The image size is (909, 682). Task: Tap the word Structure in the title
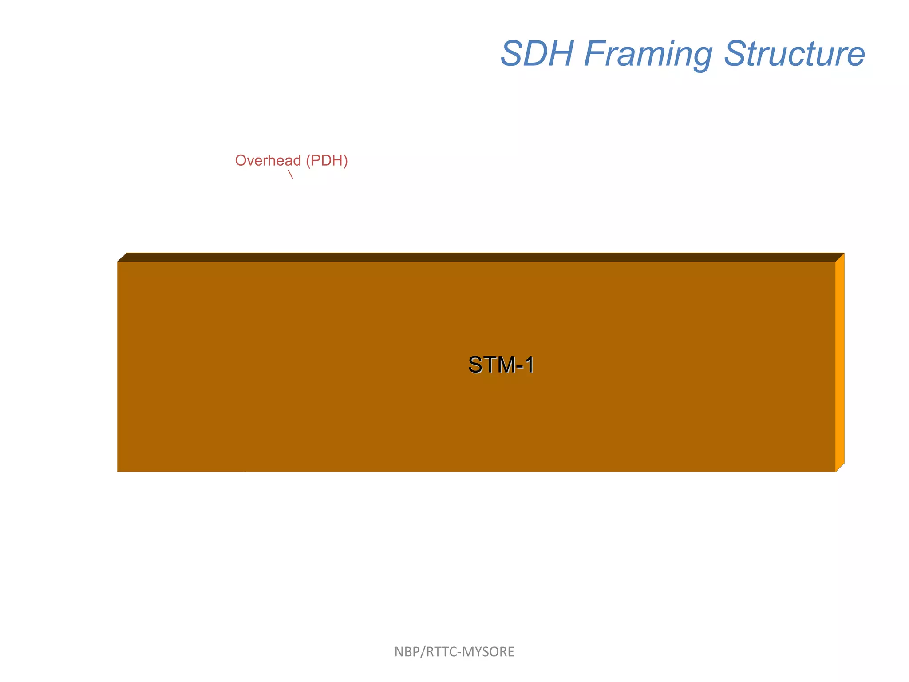click(794, 54)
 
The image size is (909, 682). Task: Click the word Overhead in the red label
click(268, 160)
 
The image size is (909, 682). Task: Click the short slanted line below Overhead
click(291, 174)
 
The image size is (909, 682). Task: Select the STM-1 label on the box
click(501, 365)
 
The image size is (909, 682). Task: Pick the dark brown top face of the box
click(479, 257)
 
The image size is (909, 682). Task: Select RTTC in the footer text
click(441, 652)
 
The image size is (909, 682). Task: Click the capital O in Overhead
click(241, 160)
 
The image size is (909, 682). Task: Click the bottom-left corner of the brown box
click(118, 471)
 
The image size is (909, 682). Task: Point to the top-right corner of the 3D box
click(843, 254)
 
